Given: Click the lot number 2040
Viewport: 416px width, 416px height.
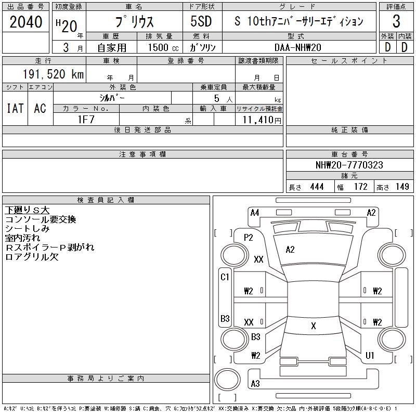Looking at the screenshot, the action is tap(26, 22).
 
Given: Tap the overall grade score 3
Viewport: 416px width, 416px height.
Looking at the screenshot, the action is tap(396, 22).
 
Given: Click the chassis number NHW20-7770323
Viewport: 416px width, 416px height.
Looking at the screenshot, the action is tap(349, 165).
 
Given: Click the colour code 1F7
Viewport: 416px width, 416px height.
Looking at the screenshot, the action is tap(86, 120).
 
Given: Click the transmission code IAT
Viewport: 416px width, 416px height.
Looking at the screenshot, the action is tap(15, 108).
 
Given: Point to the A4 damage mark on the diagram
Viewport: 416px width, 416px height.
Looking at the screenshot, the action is tap(255, 212).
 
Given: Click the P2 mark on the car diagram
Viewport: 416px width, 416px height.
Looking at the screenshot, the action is tap(249, 238).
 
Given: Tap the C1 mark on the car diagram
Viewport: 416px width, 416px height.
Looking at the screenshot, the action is tap(225, 277).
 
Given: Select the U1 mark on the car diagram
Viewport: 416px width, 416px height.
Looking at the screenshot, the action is tap(370, 356).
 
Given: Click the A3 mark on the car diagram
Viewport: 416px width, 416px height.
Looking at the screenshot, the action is tap(255, 384).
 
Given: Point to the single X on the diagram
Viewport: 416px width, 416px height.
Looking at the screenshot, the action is tap(314, 326).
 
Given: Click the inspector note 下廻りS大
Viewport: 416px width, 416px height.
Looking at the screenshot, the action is tap(27, 210).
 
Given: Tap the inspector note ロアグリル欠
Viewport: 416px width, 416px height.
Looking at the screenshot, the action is tap(32, 257).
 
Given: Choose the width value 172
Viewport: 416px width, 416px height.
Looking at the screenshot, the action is tap(360, 187).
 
